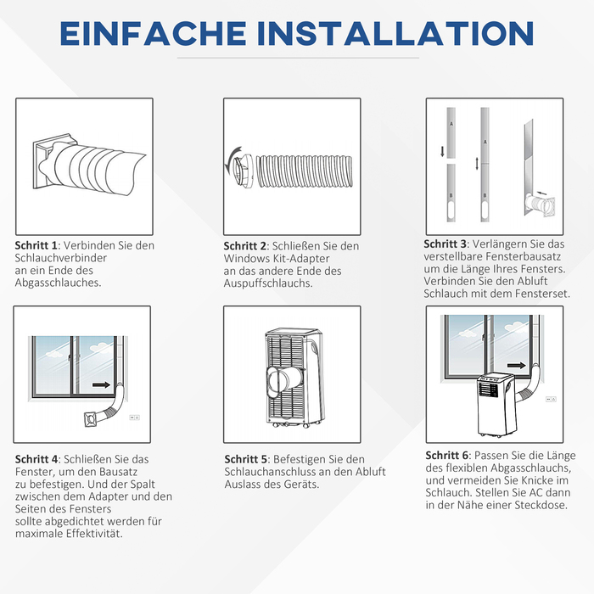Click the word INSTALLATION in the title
[x=395, y=33]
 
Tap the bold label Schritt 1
[x=36, y=245]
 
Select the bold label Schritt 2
[x=244, y=246]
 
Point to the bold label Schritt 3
[x=445, y=244]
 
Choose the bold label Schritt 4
[x=36, y=460]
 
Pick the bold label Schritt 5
[x=246, y=460]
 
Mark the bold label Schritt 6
[x=447, y=456]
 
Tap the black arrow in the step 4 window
[x=101, y=385]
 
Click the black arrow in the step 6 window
[x=516, y=366]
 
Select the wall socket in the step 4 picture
[x=134, y=417]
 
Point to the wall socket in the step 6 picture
[x=551, y=400]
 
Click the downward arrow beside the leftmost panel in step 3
[x=442, y=152]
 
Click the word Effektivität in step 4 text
[x=94, y=534]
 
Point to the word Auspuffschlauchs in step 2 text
[x=268, y=283]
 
